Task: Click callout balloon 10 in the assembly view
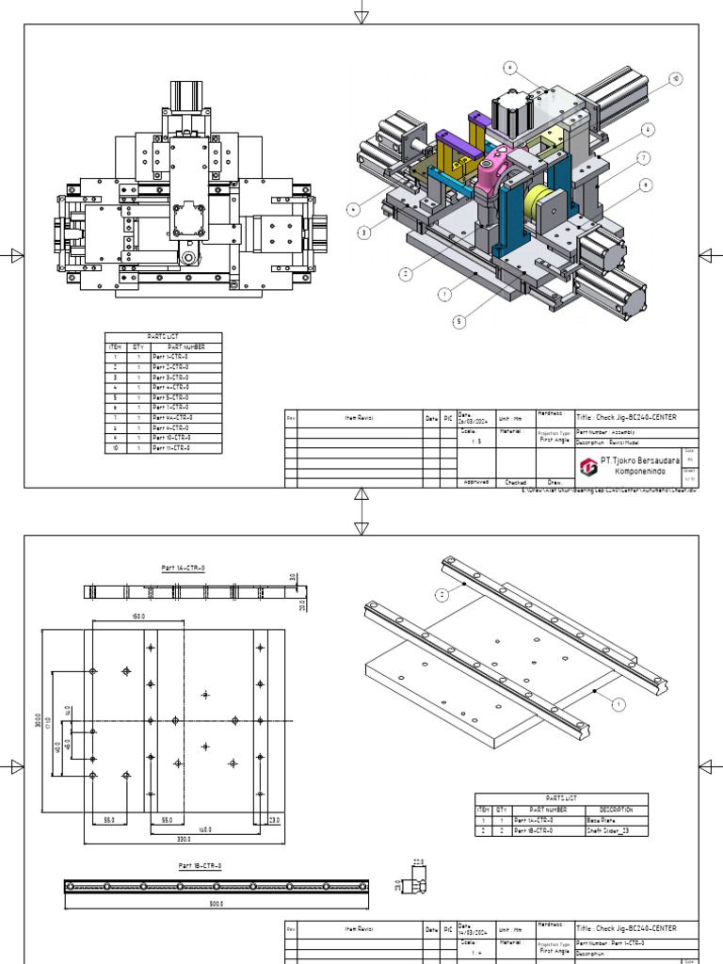coord(674,78)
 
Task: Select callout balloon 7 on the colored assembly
coord(643,157)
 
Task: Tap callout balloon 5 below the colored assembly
coord(458,321)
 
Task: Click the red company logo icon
coord(586,465)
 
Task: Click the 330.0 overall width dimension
coord(183,837)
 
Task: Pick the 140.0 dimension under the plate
coord(203,828)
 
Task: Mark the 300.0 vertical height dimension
coord(38,719)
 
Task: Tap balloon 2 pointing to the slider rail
coord(440,594)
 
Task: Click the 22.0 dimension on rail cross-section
coord(419,860)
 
